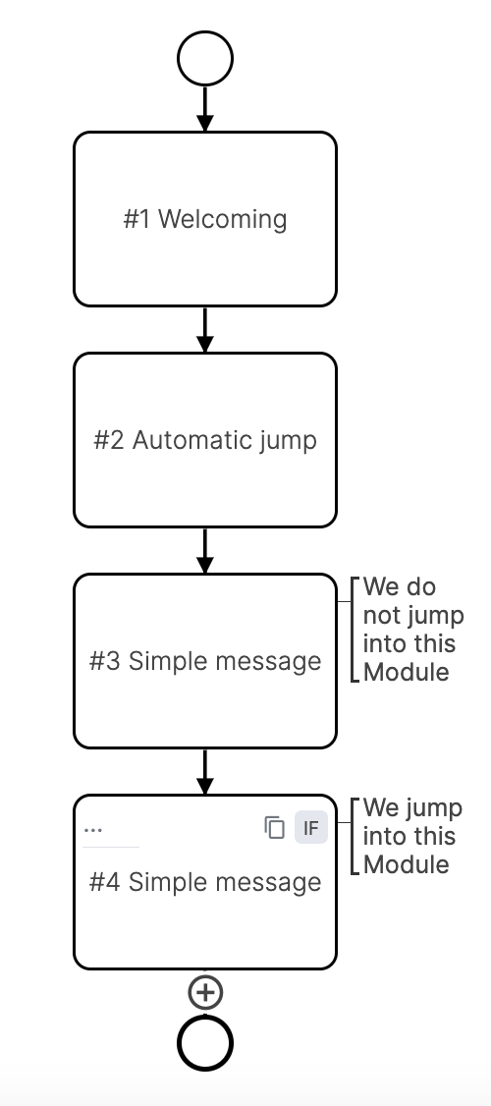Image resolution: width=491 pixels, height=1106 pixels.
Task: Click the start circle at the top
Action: coord(204,59)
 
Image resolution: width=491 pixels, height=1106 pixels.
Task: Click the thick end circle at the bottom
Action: coord(204,1042)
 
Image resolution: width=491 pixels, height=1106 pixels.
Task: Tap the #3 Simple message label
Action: coord(205,661)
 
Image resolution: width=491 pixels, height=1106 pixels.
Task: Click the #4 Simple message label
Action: coord(205,882)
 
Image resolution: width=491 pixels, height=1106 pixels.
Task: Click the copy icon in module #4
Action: coord(275,828)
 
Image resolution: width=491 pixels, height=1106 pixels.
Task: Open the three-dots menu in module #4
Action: coord(93,830)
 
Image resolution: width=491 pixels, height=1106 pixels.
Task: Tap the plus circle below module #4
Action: coord(204,993)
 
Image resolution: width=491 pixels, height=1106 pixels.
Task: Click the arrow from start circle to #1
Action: coord(204,108)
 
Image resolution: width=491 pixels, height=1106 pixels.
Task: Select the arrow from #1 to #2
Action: coord(204,329)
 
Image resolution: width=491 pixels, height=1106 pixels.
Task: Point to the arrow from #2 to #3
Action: coord(204,550)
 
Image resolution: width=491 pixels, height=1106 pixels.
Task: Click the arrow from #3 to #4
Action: coord(204,771)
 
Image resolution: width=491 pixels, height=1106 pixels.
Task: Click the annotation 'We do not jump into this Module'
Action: coord(411,630)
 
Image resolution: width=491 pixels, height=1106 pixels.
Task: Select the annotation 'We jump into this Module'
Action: coord(411,836)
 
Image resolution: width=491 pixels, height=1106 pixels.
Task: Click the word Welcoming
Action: coord(223,218)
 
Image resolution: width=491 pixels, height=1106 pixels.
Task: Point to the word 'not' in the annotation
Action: coord(381,616)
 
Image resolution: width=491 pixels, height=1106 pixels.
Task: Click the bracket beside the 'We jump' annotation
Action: coord(353,836)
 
